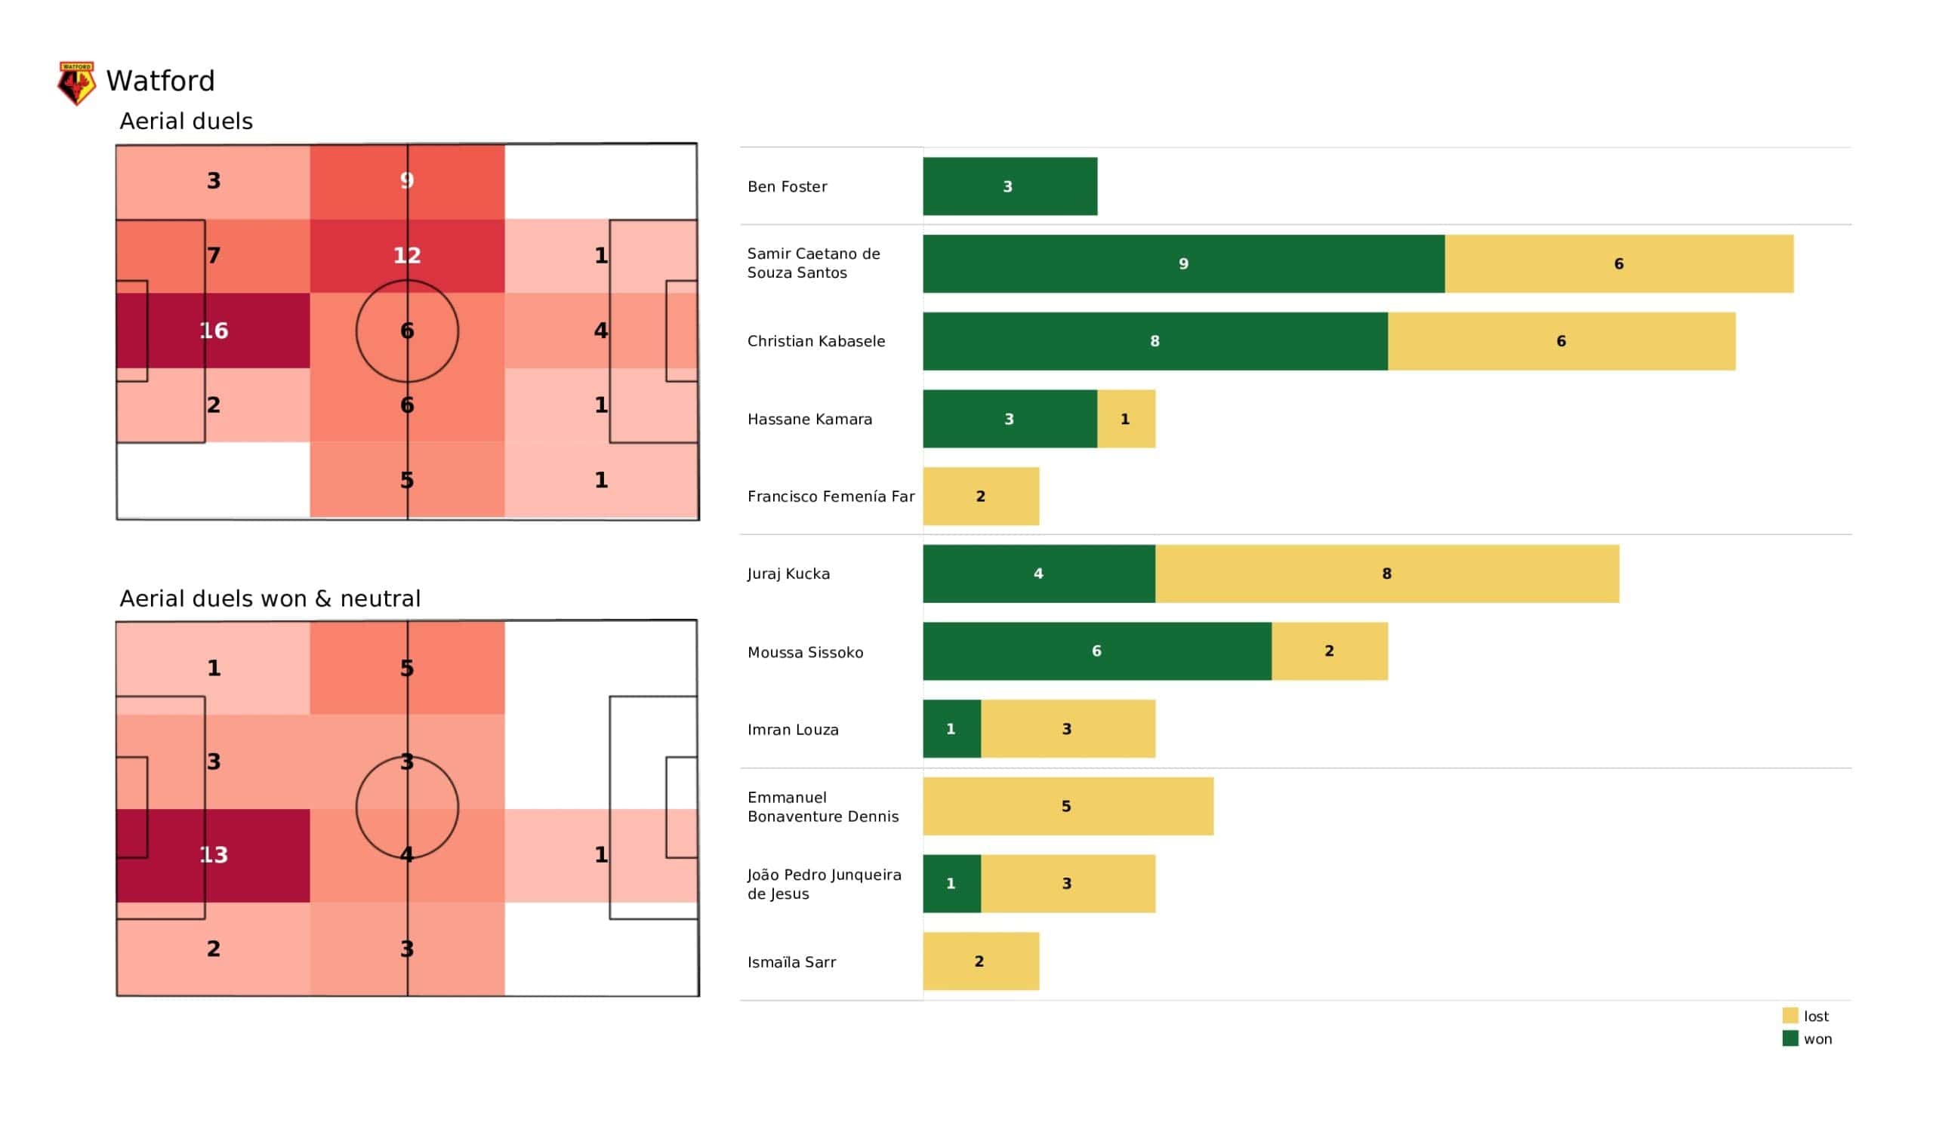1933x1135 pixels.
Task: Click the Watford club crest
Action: [77, 83]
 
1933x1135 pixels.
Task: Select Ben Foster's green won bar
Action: [1010, 186]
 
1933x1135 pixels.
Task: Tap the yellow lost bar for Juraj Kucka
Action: [1387, 574]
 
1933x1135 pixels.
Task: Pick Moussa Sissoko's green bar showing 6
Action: [1097, 651]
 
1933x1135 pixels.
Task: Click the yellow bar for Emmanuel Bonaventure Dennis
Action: [1068, 806]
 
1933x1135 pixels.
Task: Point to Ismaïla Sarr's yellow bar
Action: [980, 961]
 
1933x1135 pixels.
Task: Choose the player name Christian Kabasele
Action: [816, 341]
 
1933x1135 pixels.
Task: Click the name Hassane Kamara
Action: [809, 420]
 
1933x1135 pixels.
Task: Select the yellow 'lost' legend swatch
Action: [1790, 1016]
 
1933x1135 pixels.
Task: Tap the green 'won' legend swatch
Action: [1790, 1039]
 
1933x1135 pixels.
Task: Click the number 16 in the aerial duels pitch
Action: [214, 331]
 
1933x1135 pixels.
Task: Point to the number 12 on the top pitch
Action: [407, 255]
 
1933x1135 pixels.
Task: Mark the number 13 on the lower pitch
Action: [214, 854]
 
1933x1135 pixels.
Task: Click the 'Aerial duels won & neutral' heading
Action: [270, 599]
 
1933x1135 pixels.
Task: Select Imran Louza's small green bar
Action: [951, 728]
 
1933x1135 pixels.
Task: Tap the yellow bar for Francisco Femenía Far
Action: [980, 496]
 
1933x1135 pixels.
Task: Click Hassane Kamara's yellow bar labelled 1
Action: [1125, 419]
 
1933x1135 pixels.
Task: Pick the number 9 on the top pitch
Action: [407, 180]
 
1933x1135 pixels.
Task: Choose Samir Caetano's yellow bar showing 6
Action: [1618, 264]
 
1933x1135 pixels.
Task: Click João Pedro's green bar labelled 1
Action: [951, 884]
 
